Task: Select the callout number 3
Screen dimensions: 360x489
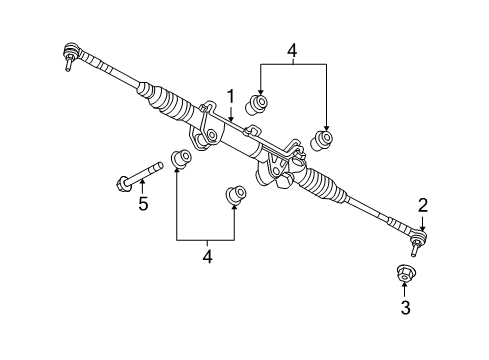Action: (x=405, y=309)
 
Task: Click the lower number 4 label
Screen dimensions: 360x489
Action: (x=207, y=257)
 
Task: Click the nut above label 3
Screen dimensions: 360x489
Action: (x=405, y=273)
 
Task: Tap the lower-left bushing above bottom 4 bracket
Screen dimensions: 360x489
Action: (x=180, y=158)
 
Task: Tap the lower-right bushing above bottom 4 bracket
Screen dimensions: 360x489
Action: (x=236, y=193)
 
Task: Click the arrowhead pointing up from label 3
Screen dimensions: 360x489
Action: (x=405, y=289)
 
